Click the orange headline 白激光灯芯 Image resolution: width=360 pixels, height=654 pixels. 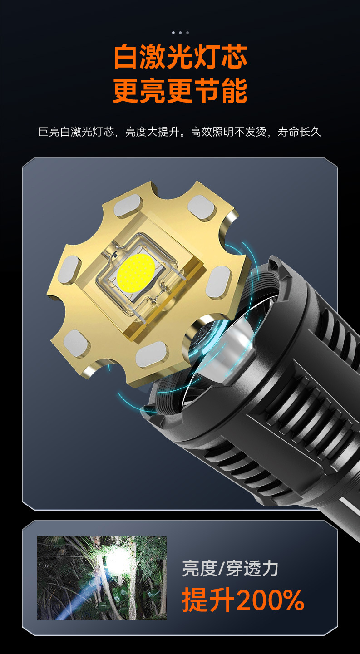(180, 57)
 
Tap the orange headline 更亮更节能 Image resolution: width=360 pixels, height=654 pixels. (180, 90)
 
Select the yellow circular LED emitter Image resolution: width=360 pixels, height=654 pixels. (136, 273)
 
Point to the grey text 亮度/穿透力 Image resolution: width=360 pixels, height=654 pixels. (230, 569)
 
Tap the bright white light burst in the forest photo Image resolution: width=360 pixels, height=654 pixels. (117, 561)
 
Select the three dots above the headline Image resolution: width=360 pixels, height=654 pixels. (180, 33)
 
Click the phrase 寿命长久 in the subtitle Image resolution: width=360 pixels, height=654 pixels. (299, 132)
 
